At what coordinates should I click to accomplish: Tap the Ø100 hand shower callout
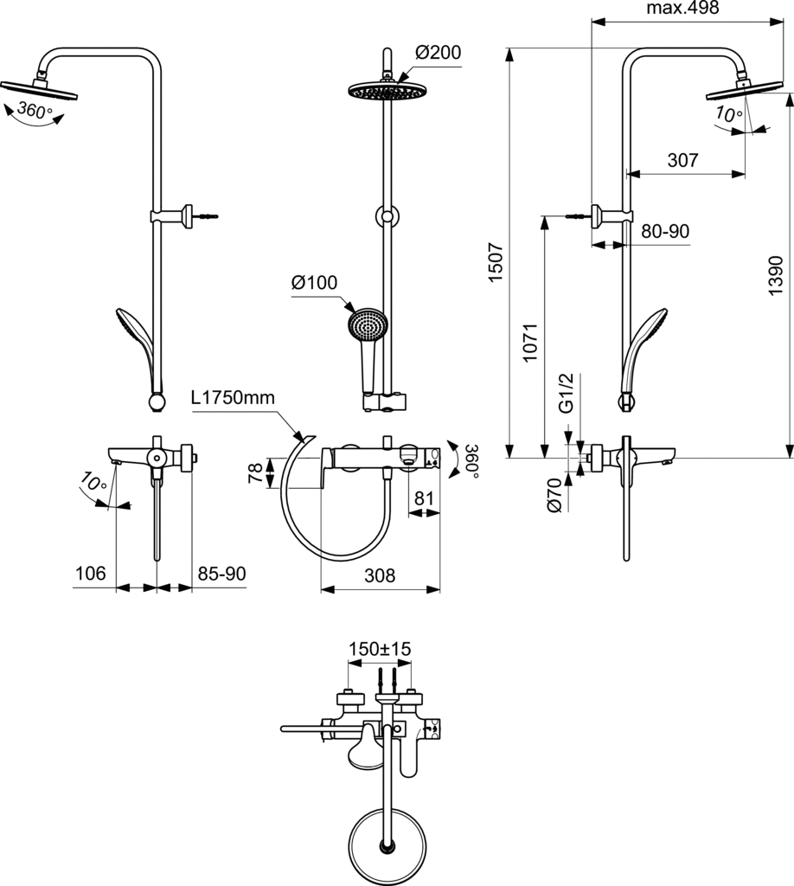point(314,283)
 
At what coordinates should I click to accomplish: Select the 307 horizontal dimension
point(683,160)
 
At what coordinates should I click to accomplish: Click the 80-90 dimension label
point(665,232)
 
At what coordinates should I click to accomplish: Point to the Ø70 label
point(555,495)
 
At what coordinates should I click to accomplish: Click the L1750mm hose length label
point(233,398)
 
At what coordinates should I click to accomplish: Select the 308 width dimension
point(380,575)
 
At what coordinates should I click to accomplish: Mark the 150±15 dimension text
point(379,649)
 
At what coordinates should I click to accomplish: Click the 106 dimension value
point(90,573)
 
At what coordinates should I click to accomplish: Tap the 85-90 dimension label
point(222,573)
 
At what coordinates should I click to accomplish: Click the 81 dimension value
point(424,498)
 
